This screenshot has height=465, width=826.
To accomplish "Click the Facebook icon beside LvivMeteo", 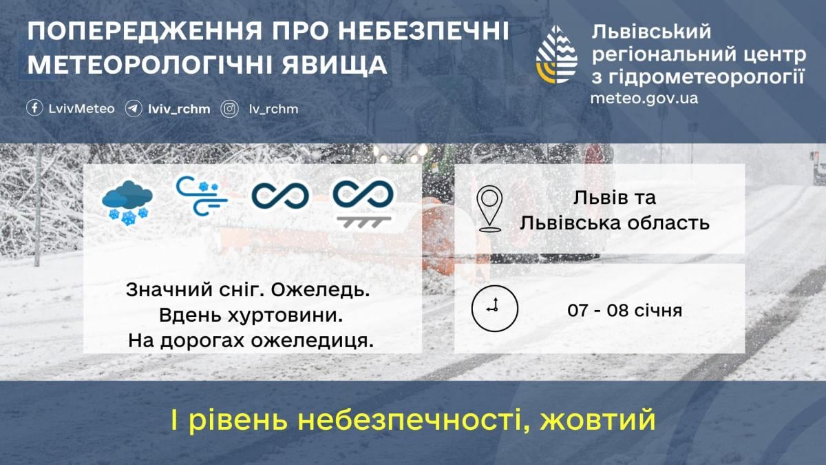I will [34, 109].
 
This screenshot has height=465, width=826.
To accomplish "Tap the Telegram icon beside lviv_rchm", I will [134, 109].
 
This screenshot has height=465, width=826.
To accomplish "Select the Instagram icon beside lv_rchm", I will [230, 109].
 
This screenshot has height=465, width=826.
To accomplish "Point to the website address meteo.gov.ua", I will [644, 98].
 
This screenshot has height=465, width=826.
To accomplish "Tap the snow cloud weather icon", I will [128, 203].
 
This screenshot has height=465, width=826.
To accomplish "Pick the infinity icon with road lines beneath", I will [363, 202].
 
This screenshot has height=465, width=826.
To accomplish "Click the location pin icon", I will [489, 208].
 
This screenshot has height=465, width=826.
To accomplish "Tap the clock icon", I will [494, 307].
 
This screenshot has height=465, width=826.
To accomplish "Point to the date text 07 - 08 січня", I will [624, 311].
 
